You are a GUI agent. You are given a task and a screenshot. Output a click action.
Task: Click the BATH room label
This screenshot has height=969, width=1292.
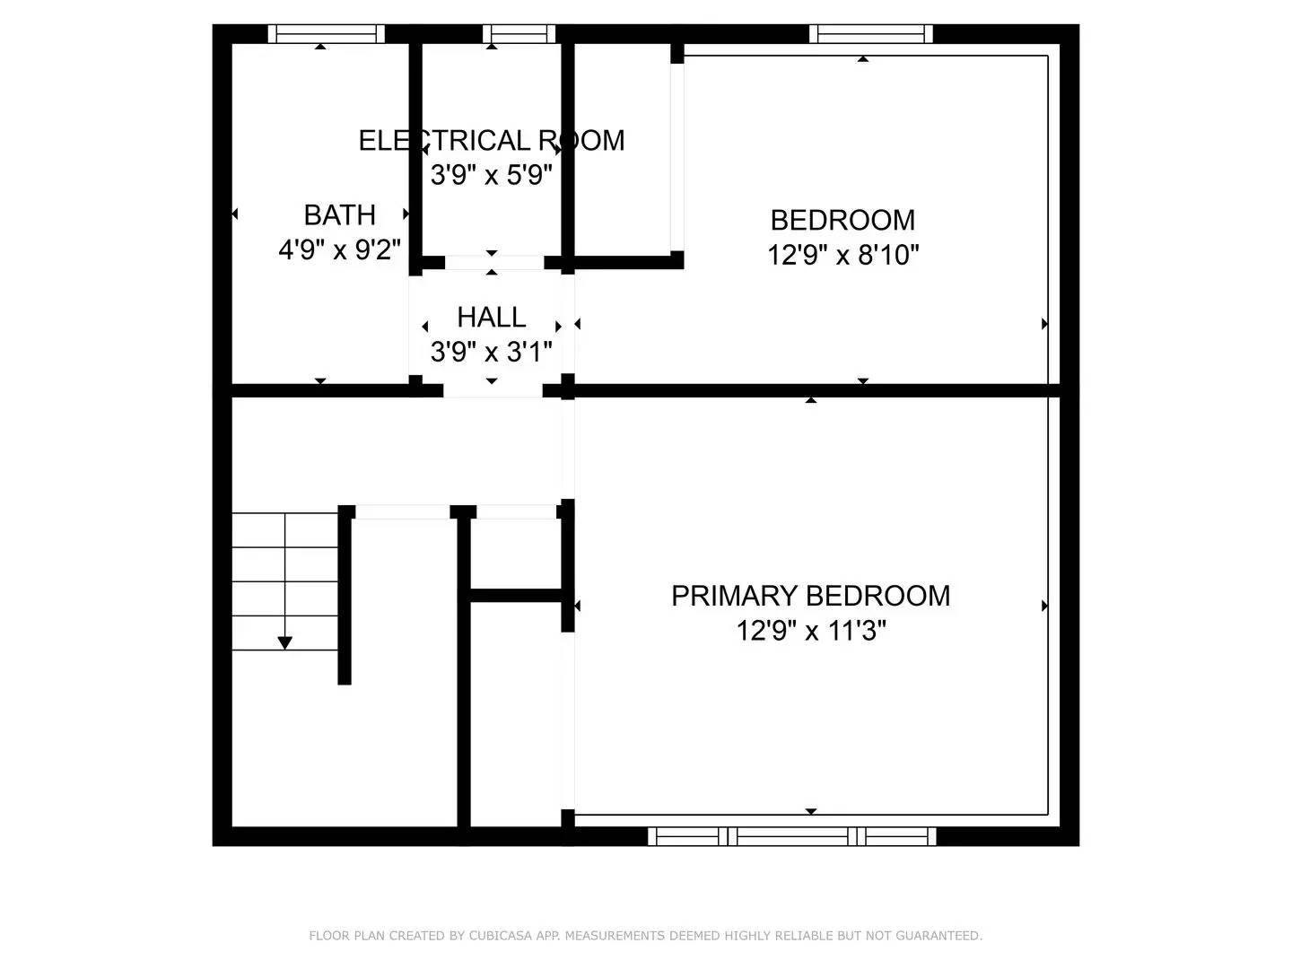tap(340, 214)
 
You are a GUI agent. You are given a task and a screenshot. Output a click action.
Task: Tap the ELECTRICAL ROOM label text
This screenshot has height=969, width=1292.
tap(492, 141)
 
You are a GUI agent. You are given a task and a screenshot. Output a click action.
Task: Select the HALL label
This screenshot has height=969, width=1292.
tap(492, 317)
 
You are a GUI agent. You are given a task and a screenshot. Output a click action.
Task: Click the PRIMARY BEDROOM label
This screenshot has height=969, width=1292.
tap(810, 596)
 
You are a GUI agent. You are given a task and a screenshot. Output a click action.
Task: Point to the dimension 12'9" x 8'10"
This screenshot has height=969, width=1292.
tap(842, 256)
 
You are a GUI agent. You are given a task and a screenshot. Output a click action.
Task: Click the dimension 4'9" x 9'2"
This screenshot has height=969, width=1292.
tap(340, 250)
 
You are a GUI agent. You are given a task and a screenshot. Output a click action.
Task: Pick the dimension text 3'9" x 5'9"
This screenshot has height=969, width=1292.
tap(492, 175)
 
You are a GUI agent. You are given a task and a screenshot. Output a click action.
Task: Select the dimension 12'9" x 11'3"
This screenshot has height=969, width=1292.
tap(811, 632)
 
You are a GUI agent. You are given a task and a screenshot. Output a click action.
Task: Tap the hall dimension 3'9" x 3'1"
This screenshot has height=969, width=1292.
tap(492, 352)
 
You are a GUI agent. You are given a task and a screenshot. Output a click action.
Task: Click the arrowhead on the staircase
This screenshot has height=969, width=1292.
tap(285, 643)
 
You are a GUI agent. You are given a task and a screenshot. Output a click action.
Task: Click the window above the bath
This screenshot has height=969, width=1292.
tap(326, 33)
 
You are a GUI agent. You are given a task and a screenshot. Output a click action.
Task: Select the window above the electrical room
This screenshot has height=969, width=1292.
tap(519, 33)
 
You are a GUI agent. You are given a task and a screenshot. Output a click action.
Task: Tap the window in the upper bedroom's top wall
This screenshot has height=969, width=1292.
tap(870, 33)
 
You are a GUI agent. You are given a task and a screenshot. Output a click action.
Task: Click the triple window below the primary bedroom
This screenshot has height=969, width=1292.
tap(791, 836)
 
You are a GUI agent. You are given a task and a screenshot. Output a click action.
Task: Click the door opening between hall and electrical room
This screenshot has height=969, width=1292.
tap(493, 262)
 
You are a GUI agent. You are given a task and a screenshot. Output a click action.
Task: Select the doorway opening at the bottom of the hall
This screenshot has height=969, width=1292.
tap(493, 390)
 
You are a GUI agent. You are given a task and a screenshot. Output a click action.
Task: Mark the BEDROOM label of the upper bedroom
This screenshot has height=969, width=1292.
tap(842, 221)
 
